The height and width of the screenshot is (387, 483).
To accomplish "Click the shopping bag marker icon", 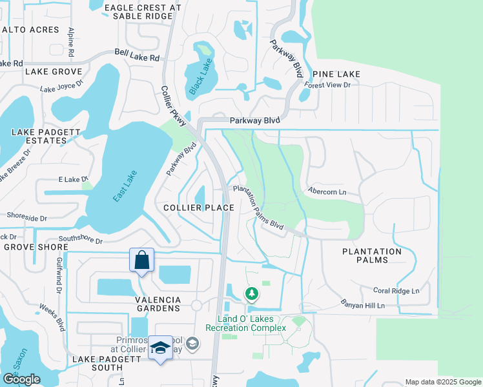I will pyautogui.click(x=142, y=261).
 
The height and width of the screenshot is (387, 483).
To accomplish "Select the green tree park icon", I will pyautogui.click(x=251, y=294).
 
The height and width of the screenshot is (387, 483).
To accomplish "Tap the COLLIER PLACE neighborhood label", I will pyautogui.click(x=198, y=208).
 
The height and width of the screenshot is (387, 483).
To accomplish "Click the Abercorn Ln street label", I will pyautogui.click(x=327, y=192).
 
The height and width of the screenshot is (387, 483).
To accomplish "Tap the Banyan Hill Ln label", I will pyautogui.click(x=362, y=303).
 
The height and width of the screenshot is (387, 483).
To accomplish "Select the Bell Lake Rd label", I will pyautogui.click(x=137, y=57).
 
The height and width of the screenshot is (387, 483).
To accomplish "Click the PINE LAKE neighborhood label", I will pyautogui.click(x=336, y=74).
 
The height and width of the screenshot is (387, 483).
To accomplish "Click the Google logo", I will pyautogui.click(x=21, y=379).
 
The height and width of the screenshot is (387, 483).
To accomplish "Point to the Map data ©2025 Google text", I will pyautogui.click(x=442, y=382).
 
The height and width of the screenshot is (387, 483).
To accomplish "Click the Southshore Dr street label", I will pyautogui.click(x=81, y=240).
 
